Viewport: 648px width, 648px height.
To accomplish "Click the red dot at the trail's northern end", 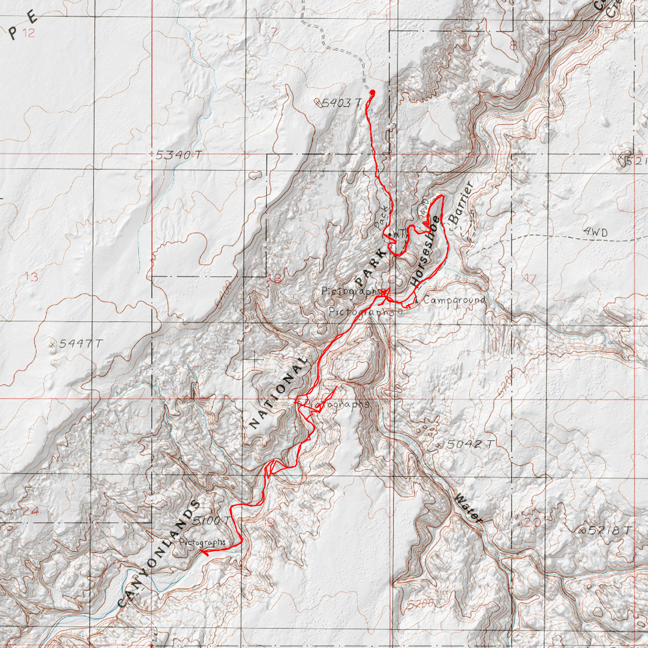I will (x=372, y=92).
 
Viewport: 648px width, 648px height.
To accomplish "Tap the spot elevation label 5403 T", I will (x=340, y=103).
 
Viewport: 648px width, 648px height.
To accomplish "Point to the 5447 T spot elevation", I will (x=80, y=343).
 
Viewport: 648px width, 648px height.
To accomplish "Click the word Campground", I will (x=454, y=300).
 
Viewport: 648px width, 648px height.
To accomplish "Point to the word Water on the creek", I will (x=468, y=508).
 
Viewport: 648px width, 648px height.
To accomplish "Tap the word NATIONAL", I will (x=279, y=393).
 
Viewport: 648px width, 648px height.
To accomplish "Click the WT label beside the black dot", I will (x=399, y=234).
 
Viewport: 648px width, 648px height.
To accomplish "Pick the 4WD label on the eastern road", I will (x=595, y=232).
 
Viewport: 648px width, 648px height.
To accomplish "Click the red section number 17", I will (x=530, y=279).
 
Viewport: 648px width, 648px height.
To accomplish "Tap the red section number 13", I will (x=31, y=277).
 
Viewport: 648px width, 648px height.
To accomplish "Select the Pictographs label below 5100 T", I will (x=202, y=542).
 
